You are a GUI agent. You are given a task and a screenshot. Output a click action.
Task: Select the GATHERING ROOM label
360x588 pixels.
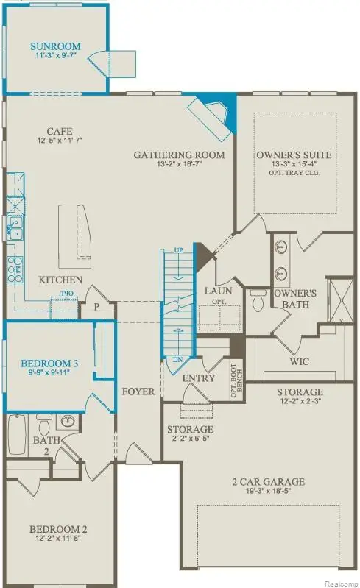(179, 155)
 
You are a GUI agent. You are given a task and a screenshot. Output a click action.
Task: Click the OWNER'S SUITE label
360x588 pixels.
(294, 155)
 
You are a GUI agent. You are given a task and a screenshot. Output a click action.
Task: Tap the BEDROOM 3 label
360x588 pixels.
(49, 364)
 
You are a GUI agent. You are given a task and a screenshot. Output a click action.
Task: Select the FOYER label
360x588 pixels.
(138, 392)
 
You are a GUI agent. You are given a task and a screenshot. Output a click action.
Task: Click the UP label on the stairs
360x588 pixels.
(178, 252)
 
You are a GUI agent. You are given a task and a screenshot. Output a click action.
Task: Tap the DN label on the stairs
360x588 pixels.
(177, 359)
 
